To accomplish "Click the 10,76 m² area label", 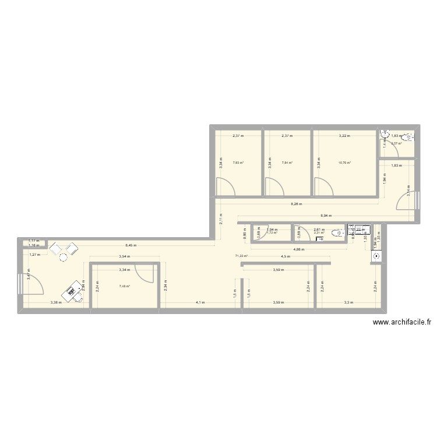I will pos(345,163).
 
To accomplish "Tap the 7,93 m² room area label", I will pos(238,163).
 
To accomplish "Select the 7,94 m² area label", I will pos(287,163).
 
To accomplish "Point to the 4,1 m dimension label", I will pos(200,302).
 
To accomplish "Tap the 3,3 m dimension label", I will pos(348,302).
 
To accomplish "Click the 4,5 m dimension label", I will pos(285,257).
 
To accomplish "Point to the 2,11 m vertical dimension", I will pos(221,218).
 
